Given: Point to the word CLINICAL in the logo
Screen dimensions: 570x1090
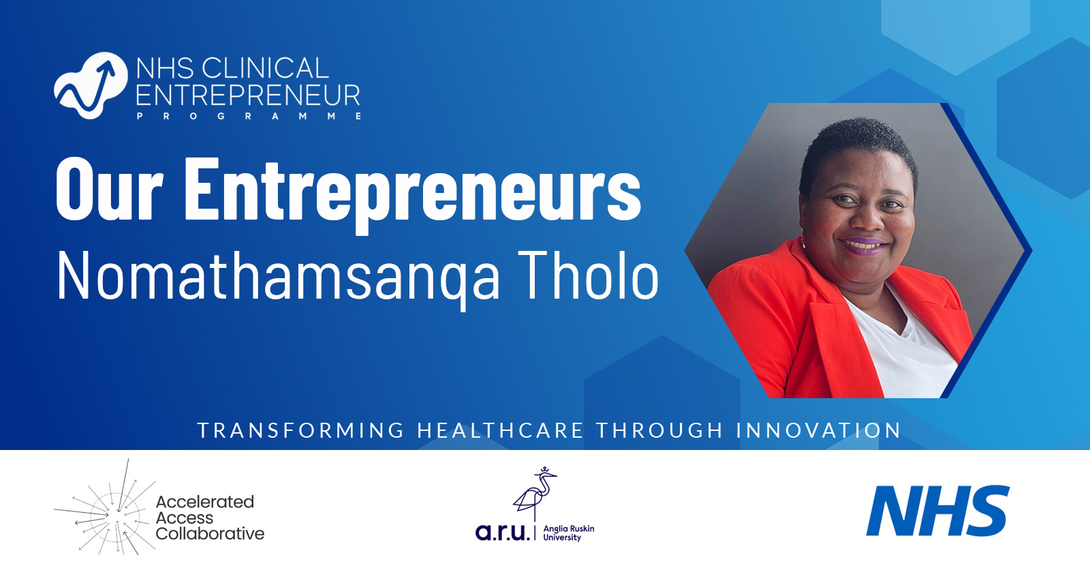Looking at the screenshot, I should tap(266, 68).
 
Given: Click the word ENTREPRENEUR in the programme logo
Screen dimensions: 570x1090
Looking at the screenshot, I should tap(248, 95).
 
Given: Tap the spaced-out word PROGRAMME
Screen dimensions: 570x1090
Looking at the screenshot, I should tap(249, 117).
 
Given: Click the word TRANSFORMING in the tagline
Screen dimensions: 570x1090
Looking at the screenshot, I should tap(301, 431).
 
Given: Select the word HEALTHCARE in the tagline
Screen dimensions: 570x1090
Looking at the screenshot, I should tap(501, 431).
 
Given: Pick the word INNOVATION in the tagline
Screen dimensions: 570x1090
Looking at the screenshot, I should tap(819, 431).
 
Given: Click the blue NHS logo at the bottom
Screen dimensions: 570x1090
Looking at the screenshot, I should tap(937, 511).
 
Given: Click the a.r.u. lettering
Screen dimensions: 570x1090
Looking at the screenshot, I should tap(502, 532).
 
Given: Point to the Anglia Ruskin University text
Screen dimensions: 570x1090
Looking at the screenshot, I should tap(568, 533).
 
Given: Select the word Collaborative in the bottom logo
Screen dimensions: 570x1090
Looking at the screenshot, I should tap(210, 534).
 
